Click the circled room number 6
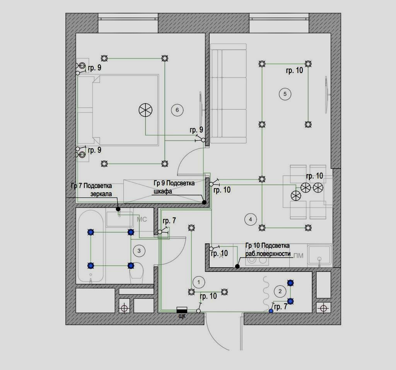click(177, 110)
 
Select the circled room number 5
click(285, 94)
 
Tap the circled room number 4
click(251, 219)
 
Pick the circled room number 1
click(198, 282)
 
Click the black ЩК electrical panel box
click(182, 310)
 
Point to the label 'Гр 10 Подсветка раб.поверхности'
click(267, 249)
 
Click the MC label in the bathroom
click(142, 220)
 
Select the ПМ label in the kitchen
click(298, 256)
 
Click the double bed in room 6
click(118, 110)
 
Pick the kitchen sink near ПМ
click(319, 255)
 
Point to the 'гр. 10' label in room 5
click(294, 70)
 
